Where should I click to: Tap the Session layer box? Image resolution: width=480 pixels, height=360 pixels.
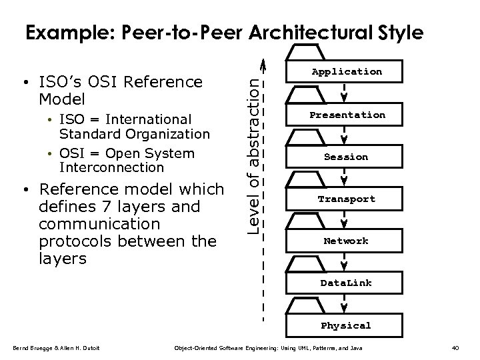point(345,157)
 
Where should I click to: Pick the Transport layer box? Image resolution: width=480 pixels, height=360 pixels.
point(345,199)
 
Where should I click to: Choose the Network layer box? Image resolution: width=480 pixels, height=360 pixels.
point(345,241)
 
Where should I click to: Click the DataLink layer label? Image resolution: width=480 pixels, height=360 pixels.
point(345,283)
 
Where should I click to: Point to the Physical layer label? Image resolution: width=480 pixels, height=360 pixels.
point(345,326)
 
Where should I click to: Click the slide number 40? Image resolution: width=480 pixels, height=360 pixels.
point(455,348)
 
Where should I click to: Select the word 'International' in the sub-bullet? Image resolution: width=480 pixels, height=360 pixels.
point(149,119)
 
